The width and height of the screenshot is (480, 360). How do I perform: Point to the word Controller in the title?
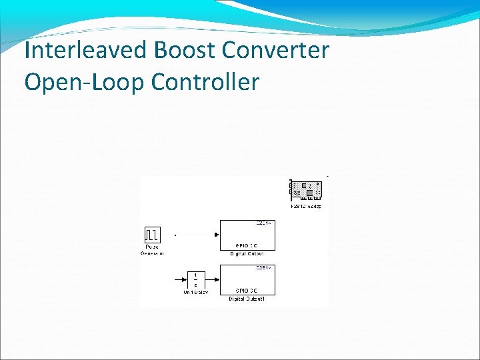(205, 82)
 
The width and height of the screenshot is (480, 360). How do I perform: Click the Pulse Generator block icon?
(153, 235)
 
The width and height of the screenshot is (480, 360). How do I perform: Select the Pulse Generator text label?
(153, 250)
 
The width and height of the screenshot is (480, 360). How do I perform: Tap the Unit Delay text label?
(195, 291)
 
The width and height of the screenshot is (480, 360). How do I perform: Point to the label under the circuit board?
(306, 206)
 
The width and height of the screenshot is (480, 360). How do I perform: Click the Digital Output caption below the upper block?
(247, 253)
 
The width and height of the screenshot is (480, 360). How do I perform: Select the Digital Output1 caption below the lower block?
(247, 299)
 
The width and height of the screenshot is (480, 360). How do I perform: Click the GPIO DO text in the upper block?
(247, 245)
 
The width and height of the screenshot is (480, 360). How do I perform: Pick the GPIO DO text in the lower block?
(247, 291)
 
